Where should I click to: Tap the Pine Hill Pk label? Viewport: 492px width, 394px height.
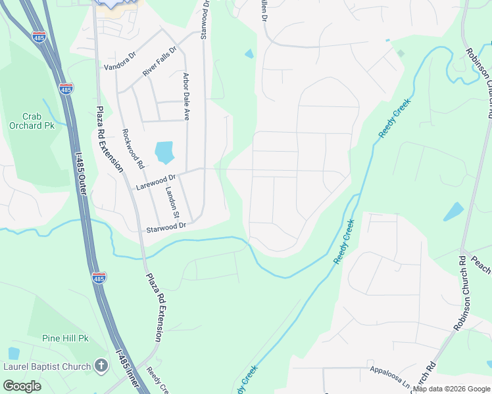(x=65, y=338)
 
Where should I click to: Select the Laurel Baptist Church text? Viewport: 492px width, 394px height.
(x=47, y=366)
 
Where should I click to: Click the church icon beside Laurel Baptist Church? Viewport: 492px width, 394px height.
(x=101, y=366)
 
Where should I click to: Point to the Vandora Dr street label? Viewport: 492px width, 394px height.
(x=119, y=67)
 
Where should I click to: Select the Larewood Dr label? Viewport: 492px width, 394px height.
(x=156, y=181)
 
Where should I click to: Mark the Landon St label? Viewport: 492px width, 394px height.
(x=172, y=202)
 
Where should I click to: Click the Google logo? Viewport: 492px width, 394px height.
(x=22, y=385)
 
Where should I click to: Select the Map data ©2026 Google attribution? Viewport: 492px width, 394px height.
(x=451, y=389)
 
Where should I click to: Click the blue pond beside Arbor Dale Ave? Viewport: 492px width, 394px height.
(x=164, y=152)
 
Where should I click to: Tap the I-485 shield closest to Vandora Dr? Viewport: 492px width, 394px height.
(x=66, y=88)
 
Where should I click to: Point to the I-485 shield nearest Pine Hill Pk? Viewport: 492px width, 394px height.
(x=99, y=278)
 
